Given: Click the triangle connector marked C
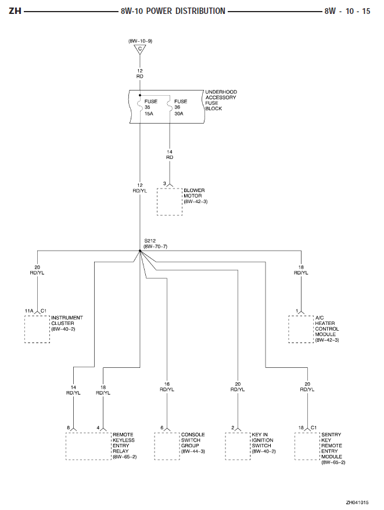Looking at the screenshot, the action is [x=140, y=49].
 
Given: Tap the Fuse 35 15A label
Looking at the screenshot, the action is [x=151, y=107].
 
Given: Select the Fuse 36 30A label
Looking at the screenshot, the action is [x=181, y=107].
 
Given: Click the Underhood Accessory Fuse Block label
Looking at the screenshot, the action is [x=221, y=100].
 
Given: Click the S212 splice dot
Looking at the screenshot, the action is [x=140, y=251].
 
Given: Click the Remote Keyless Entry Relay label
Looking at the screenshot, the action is [x=124, y=446].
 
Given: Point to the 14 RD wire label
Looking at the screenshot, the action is [x=170, y=154].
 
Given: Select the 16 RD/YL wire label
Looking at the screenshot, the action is [x=167, y=387].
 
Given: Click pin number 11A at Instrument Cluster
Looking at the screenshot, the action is [x=29, y=311].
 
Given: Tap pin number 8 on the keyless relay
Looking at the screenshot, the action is [x=69, y=428].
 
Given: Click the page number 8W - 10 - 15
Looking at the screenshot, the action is [x=347, y=11].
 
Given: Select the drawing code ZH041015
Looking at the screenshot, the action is [x=357, y=502].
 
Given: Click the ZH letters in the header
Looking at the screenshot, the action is [x=15, y=11].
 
